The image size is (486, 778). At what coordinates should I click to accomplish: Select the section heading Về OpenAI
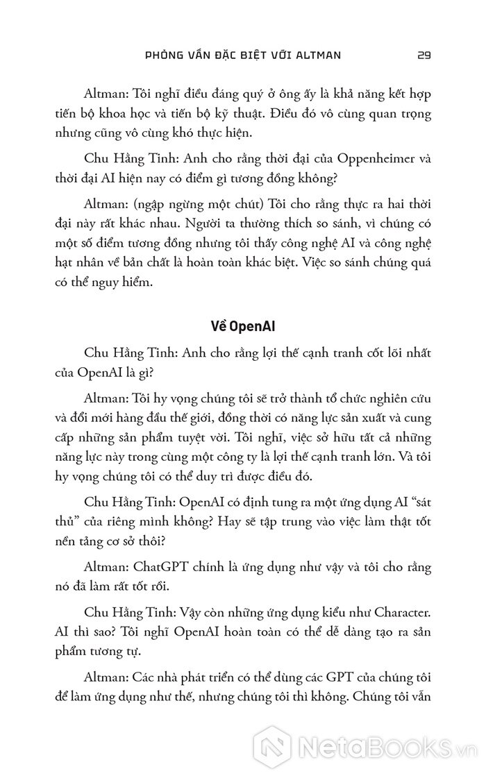pyautogui.click(x=242, y=326)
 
